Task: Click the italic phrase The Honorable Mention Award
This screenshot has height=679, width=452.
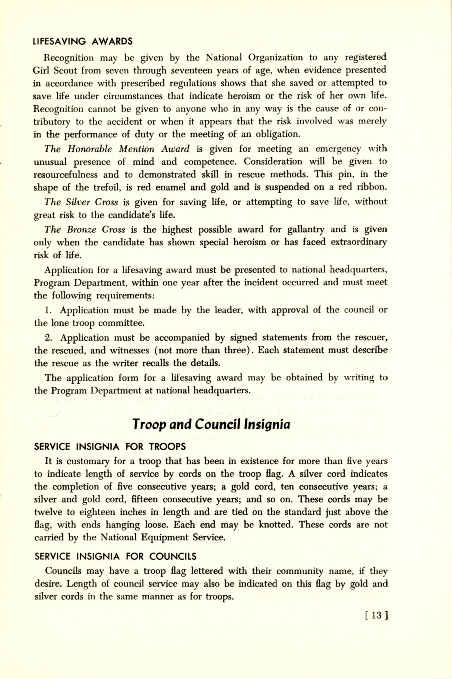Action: [x=117, y=149]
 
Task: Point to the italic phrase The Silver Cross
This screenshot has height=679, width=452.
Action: [x=81, y=202]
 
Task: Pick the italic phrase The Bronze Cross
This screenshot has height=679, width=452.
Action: [x=85, y=229]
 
